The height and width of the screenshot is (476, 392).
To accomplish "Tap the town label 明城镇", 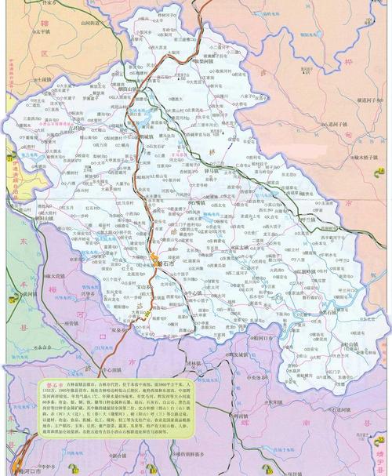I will (x=144, y=136).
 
